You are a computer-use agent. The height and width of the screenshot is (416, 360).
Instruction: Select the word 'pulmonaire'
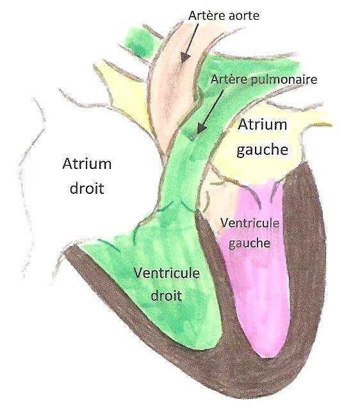[284, 79]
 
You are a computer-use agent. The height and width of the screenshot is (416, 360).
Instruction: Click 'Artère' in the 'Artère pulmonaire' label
[229, 79]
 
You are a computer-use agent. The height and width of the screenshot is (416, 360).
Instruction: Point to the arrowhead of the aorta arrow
[185, 58]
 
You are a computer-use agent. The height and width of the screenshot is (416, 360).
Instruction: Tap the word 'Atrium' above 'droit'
[87, 163]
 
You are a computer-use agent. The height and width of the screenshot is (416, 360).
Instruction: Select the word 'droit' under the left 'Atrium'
[87, 188]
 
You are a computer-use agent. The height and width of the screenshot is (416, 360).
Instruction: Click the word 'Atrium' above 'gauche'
[262, 124]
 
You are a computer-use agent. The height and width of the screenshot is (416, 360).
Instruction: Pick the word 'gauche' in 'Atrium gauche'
[262, 150]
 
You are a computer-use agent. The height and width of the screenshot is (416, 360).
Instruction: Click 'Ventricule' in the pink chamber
[250, 223]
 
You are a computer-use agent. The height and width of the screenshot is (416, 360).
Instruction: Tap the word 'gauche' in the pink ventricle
[249, 243]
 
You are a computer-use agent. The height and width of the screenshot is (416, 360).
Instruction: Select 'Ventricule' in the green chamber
[167, 273]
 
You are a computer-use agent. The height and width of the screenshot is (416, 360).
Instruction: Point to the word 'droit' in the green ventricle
[166, 295]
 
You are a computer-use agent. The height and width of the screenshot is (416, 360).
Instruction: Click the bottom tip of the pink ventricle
[268, 357]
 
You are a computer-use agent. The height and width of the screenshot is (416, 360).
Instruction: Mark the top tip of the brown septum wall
[198, 211]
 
